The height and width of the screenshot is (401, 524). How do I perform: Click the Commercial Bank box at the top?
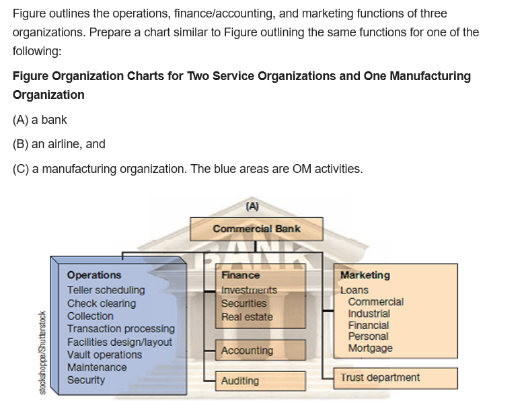click(x=256, y=229)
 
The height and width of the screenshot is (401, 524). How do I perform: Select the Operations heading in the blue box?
click(x=94, y=275)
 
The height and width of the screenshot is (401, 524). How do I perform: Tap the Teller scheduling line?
click(x=106, y=290)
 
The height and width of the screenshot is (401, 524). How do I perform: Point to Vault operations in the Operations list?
click(x=104, y=355)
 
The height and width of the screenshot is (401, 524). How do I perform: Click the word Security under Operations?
click(x=86, y=380)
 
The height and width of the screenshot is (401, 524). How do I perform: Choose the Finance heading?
click(x=240, y=275)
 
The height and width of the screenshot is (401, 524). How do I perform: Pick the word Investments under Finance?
click(x=249, y=290)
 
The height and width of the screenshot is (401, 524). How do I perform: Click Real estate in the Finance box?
click(x=247, y=317)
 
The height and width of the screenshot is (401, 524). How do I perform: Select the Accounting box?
click(x=248, y=351)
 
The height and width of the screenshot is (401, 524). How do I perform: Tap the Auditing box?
click(x=240, y=381)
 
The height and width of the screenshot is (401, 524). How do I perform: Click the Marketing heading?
click(x=365, y=275)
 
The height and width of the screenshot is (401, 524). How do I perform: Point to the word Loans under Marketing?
click(x=354, y=290)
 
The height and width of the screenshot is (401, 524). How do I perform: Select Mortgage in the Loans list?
click(x=370, y=349)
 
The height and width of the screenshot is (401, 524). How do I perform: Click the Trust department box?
click(x=380, y=377)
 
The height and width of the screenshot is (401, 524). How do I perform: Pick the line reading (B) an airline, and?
click(x=59, y=144)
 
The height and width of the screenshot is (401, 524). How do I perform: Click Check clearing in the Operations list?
click(x=101, y=303)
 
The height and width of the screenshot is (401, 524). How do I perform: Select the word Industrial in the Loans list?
click(x=369, y=314)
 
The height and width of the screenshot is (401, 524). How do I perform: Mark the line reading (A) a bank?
click(x=40, y=120)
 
